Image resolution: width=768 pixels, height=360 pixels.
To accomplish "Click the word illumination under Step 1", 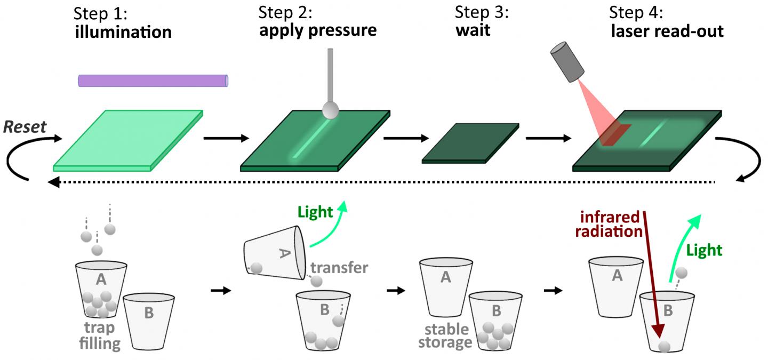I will coord(123,32).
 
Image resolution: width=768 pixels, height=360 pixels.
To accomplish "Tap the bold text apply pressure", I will coord(318,30).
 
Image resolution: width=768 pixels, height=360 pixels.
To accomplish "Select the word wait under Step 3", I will coord(473,31).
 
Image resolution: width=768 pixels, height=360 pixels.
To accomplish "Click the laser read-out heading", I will coord(667,31).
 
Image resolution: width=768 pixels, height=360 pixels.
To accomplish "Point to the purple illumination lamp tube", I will coord(154,81).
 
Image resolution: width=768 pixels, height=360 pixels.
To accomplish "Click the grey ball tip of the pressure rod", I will coord(331,110).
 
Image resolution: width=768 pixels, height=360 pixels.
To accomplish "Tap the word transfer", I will coord(340,267).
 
